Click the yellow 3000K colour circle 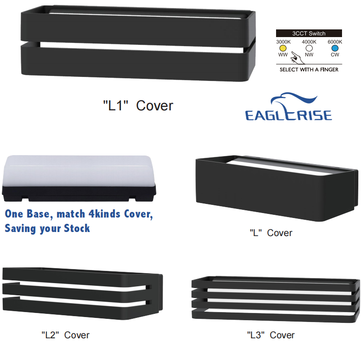click(x=283, y=48)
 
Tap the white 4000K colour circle click(x=309, y=48)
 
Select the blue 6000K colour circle click(x=335, y=48)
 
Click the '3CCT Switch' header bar click(x=309, y=33)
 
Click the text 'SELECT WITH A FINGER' click(x=309, y=70)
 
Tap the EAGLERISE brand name click(x=289, y=114)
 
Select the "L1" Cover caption click(x=138, y=106)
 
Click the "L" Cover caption click(x=271, y=233)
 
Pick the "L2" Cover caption click(x=66, y=335)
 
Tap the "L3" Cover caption click(x=271, y=335)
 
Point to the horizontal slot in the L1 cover click(x=138, y=45)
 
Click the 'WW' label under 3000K click(x=283, y=55)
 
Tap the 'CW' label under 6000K click(x=335, y=55)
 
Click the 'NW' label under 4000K click(x=309, y=55)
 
